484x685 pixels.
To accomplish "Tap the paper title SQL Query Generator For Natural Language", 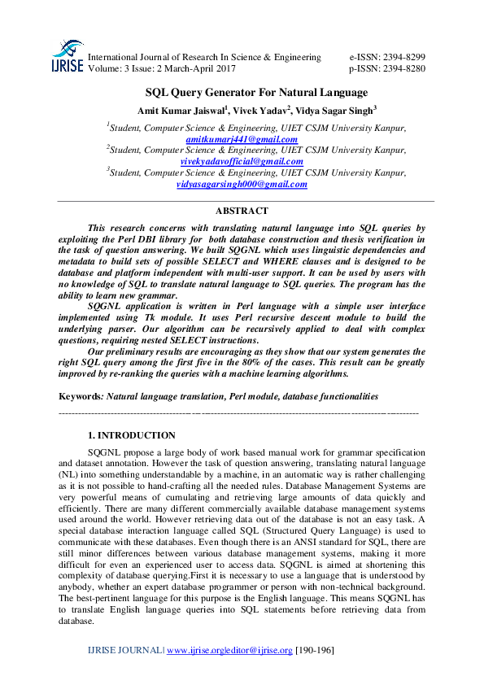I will click(256, 92).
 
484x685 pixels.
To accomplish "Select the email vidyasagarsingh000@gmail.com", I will click(242, 184).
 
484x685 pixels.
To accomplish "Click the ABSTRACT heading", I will click(242, 211).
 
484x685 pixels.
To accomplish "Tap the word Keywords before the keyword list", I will click(79, 395).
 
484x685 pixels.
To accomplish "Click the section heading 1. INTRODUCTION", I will click(131, 435).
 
